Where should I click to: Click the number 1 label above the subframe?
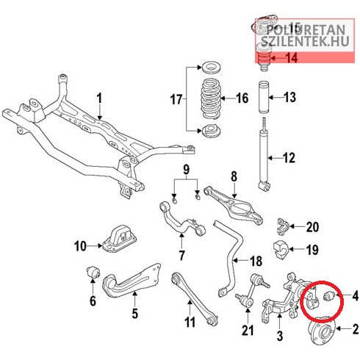[x=99, y=98]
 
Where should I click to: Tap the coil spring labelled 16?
[x=211, y=98]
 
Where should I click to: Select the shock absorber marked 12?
[x=264, y=154]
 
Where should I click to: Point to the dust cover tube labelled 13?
[x=264, y=98]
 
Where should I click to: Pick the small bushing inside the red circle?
[x=328, y=296]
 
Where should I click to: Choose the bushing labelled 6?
[x=93, y=273]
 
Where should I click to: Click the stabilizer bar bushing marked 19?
[x=281, y=250]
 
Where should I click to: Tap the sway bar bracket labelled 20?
[x=284, y=226]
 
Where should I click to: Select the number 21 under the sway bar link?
[x=248, y=330]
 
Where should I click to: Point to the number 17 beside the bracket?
[x=176, y=100]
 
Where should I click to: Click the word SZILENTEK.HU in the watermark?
[x=305, y=41]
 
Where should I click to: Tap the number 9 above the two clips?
[x=186, y=169]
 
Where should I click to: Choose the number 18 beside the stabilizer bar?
[x=256, y=261]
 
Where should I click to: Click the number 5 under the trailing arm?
[x=135, y=313]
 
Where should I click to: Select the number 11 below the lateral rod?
[x=190, y=322]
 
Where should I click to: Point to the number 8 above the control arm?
[x=234, y=176]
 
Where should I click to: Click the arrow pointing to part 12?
[x=276, y=158]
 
